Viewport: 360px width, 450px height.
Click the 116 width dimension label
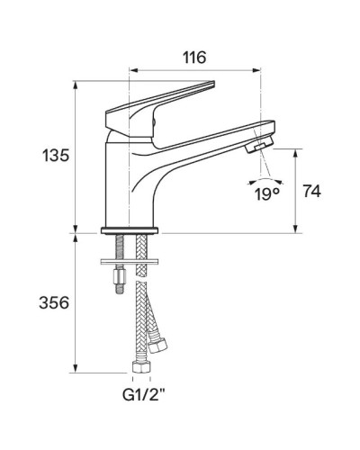tap(193, 57)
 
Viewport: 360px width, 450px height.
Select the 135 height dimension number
tap(55, 156)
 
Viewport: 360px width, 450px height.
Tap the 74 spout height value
tap(312, 191)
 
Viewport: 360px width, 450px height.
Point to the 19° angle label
tap(265, 193)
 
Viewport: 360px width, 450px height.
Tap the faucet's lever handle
tap(171, 97)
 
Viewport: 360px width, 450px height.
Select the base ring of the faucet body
tap(133, 229)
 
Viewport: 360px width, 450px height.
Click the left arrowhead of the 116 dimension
tap(133, 69)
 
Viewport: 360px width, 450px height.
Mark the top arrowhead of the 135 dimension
tap(76, 85)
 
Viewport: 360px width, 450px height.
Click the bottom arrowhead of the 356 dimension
tap(76, 368)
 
